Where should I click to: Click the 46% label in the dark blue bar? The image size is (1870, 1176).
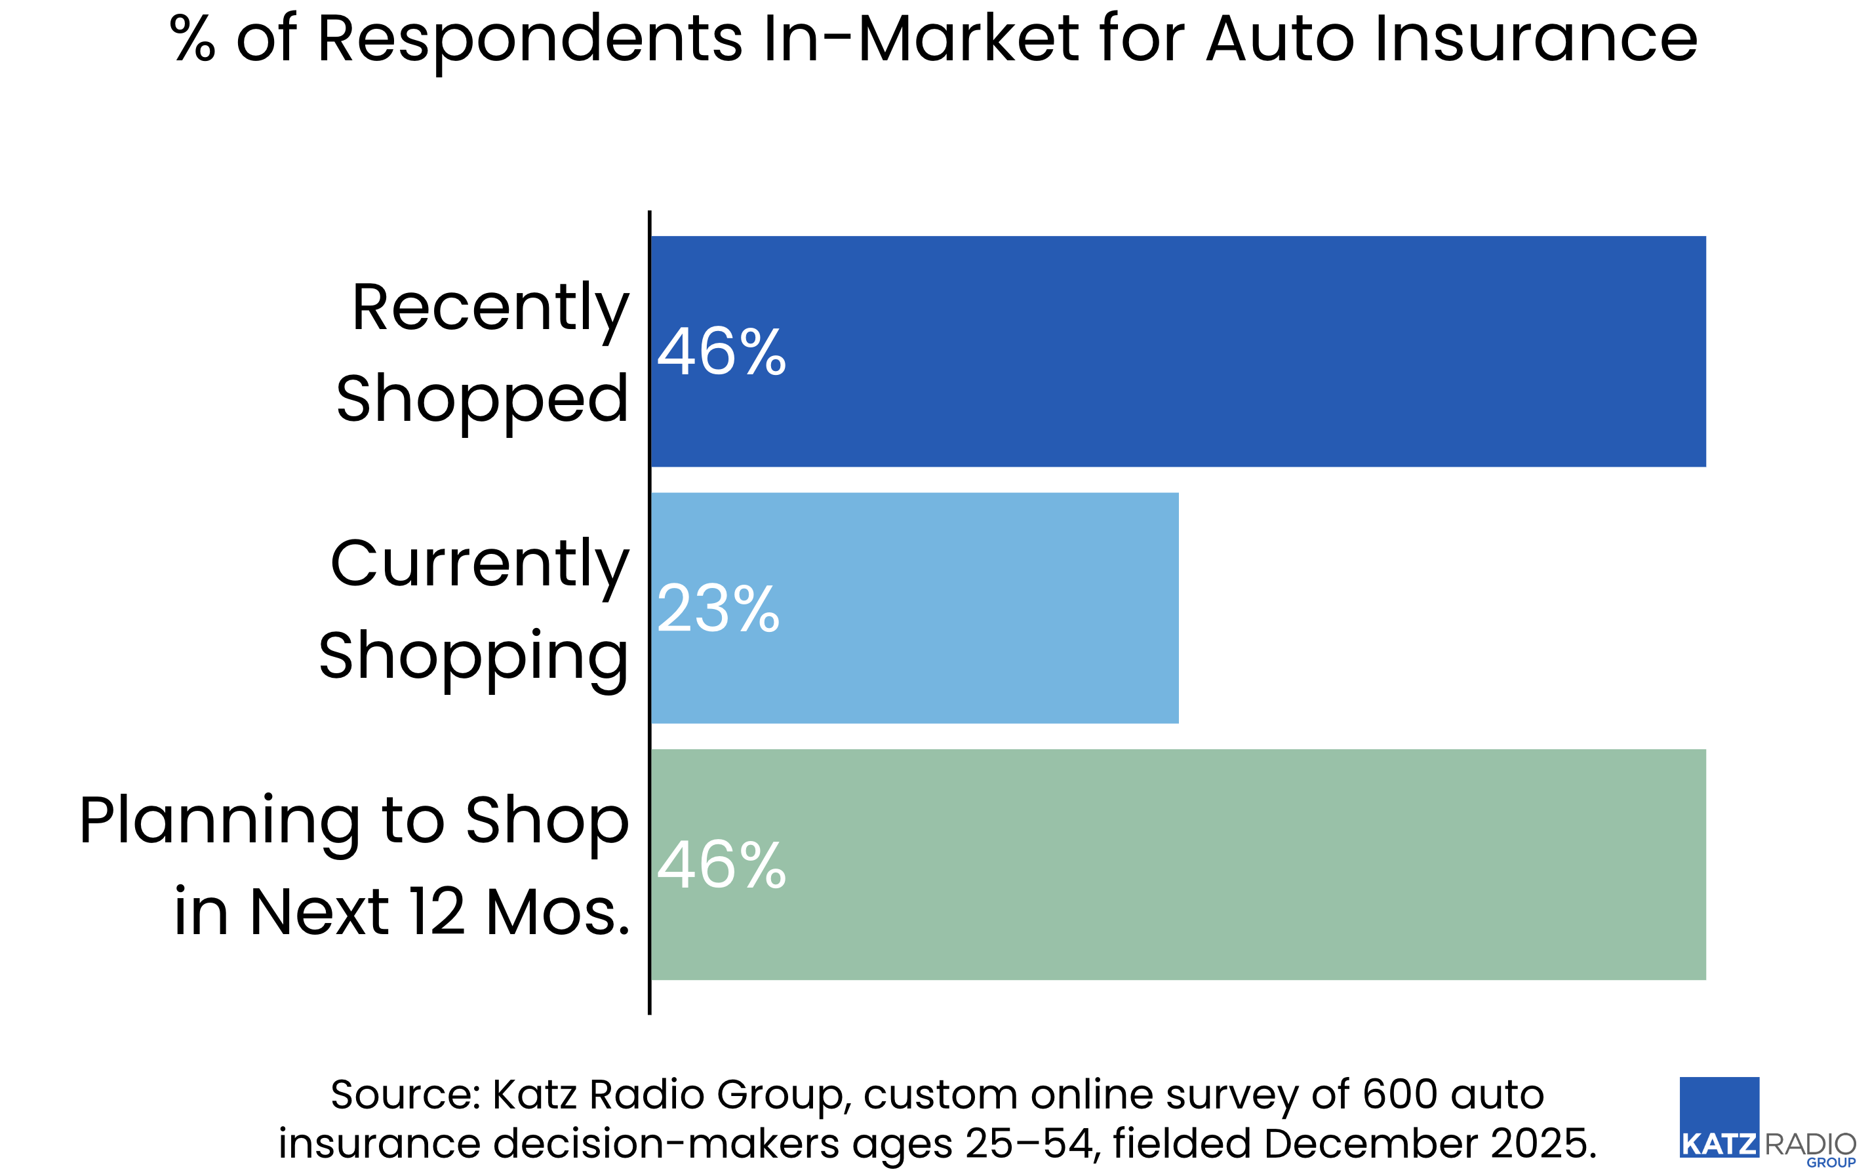721,353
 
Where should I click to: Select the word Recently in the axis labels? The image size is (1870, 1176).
490,308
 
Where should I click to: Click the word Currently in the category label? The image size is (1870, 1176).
479,564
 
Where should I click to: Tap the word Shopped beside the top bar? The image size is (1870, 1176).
481,399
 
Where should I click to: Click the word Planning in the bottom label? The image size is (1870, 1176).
220,821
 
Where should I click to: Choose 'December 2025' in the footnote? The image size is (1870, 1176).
1429,1143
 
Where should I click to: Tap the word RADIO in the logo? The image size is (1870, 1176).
1810,1144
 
